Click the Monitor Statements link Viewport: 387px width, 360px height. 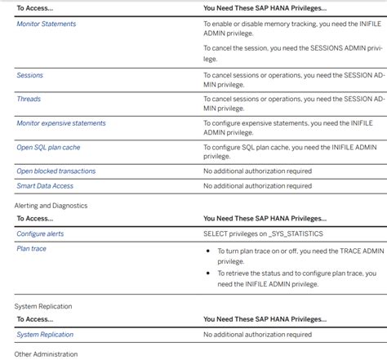pos(47,24)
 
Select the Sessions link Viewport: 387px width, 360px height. pos(30,75)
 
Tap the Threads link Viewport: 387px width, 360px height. pos(29,99)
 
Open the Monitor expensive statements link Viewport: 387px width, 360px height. pos(61,123)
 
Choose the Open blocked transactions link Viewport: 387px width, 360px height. pos(56,171)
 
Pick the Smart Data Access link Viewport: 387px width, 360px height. pos(45,186)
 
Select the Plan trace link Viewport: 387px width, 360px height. pos(32,248)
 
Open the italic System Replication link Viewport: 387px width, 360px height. pos(45,335)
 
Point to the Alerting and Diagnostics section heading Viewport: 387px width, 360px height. pos(51,205)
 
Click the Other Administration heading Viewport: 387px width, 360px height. pos(46,354)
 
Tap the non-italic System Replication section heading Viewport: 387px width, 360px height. pos(43,306)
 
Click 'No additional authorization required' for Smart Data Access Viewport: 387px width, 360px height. pos(257,186)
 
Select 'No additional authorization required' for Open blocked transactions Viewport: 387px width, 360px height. pos(257,171)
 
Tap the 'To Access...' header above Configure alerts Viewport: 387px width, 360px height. pos(34,219)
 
